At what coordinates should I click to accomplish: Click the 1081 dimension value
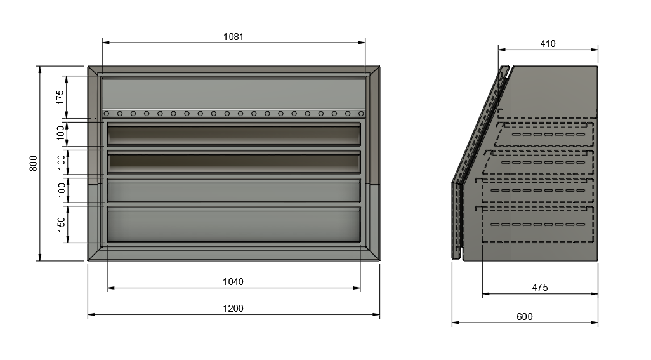click(233, 37)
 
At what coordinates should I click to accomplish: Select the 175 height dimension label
click(60, 97)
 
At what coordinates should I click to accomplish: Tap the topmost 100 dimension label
click(61, 133)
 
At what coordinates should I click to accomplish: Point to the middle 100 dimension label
click(61, 162)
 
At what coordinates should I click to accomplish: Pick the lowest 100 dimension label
click(62, 190)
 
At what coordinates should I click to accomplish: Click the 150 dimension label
click(62, 224)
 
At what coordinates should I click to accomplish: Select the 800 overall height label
click(33, 163)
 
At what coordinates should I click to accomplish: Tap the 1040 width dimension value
click(233, 282)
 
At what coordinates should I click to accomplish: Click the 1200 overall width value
click(233, 309)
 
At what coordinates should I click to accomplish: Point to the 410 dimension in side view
click(548, 44)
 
